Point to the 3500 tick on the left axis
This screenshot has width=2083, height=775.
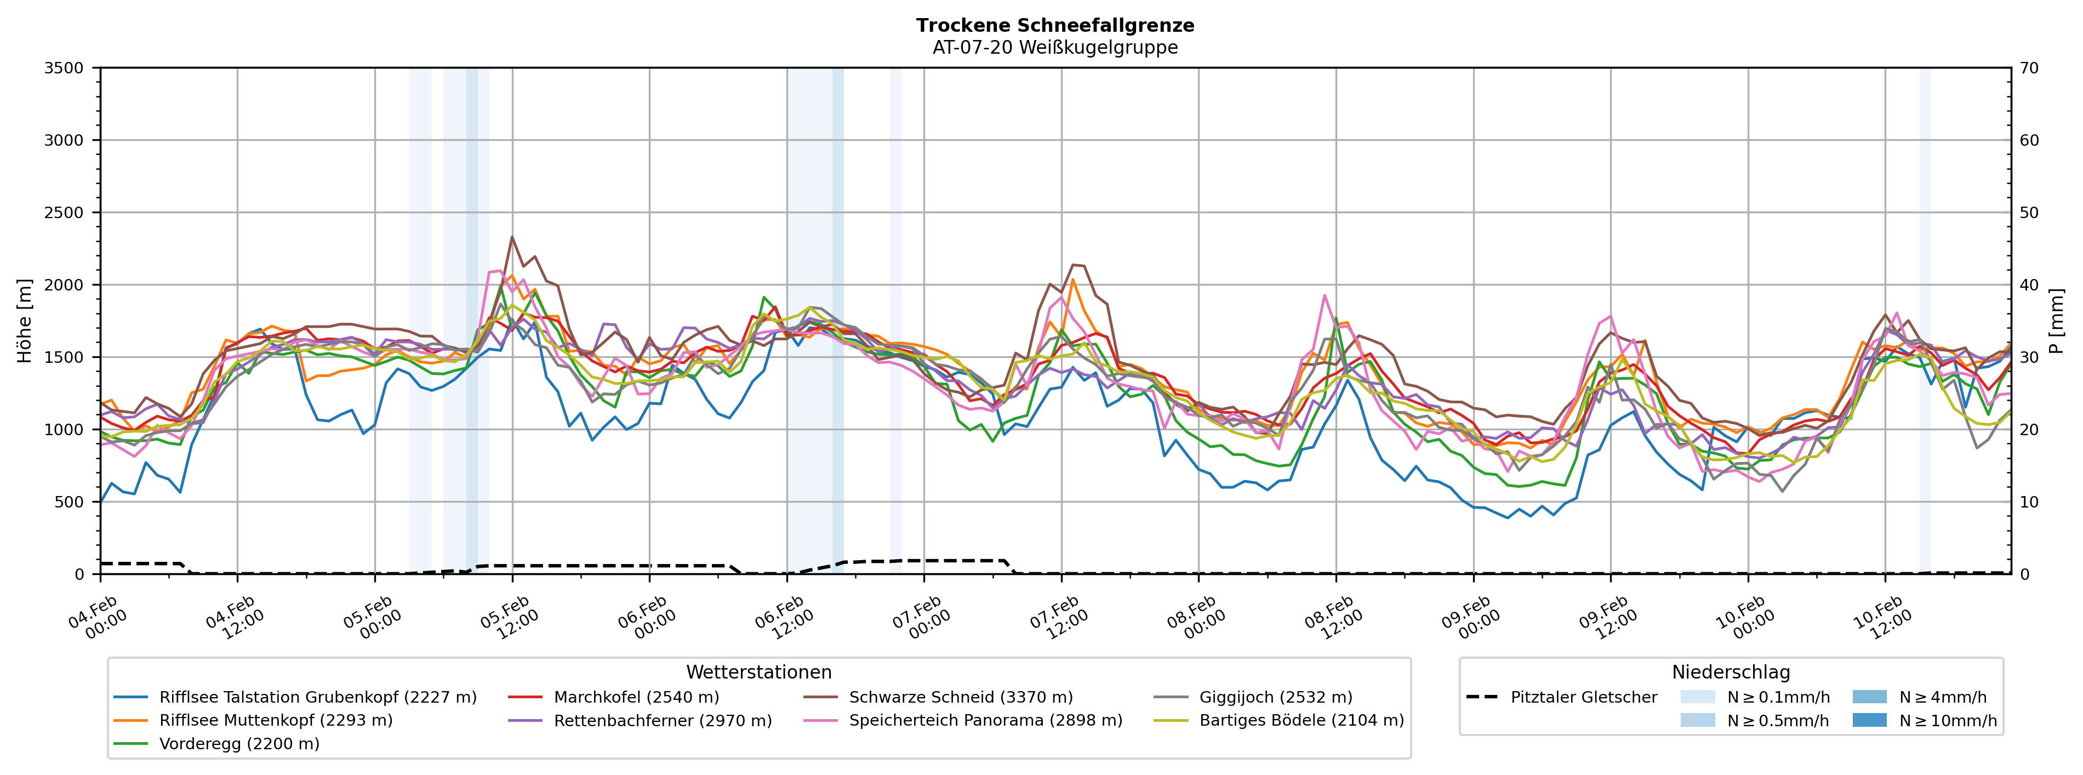[x=64, y=68]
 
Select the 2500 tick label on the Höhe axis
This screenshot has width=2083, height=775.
[x=64, y=213]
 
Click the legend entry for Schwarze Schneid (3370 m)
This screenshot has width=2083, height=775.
[x=961, y=697]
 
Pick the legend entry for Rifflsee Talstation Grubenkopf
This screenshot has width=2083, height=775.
[x=317, y=697]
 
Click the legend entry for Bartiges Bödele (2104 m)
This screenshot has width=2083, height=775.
[x=1301, y=721]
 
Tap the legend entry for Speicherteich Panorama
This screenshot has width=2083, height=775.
[x=985, y=721]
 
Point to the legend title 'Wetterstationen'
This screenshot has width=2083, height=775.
[x=758, y=673]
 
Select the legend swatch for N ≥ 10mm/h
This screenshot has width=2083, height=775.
[x=1869, y=721]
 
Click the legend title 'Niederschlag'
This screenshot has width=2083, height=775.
[x=1731, y=673]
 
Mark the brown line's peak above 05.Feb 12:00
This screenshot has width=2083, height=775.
[x=512, y=237]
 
